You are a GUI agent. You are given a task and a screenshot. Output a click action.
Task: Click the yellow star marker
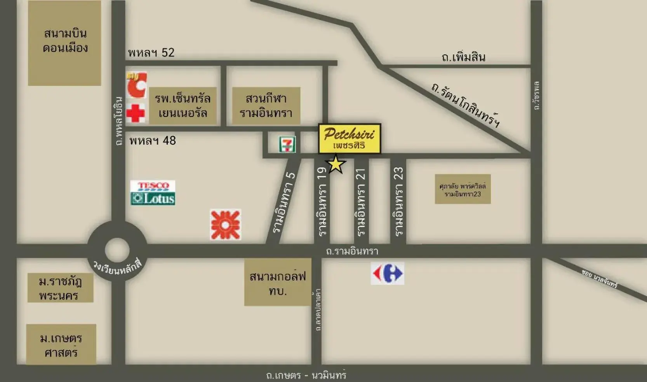[336, 164]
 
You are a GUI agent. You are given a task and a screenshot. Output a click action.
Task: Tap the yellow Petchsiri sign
[350, 139]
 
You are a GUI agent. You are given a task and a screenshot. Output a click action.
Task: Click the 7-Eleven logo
[287, 144]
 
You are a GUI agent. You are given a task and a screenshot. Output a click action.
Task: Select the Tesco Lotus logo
[153, 193]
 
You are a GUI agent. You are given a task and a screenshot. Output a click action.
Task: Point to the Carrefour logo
[387, 273]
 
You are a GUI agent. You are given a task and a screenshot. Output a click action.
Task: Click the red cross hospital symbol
[136, 113]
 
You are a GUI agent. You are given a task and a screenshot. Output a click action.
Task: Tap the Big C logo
[137, 84]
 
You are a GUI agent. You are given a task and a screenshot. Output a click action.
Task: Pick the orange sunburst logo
[226, 225]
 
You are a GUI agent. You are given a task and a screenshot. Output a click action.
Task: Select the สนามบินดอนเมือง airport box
[64, 42]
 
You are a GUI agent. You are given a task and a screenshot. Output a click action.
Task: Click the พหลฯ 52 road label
[151, 52]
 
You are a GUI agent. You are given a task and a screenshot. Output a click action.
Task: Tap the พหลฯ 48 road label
[153, 140]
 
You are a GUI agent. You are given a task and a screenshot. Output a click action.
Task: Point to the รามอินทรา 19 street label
[322, 202]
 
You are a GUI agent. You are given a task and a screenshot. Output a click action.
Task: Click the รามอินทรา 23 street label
[398, 202]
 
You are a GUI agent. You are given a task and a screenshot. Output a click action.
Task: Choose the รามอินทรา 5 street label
[284, 202]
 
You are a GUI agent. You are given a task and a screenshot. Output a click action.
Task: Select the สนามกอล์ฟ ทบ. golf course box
[278, 283]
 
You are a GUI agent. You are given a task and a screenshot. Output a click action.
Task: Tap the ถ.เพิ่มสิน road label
[463, 58]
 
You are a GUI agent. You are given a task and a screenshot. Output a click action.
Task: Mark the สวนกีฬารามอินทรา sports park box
[266, 106]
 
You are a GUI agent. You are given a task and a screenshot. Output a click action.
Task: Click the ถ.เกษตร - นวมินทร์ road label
[306, 375]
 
